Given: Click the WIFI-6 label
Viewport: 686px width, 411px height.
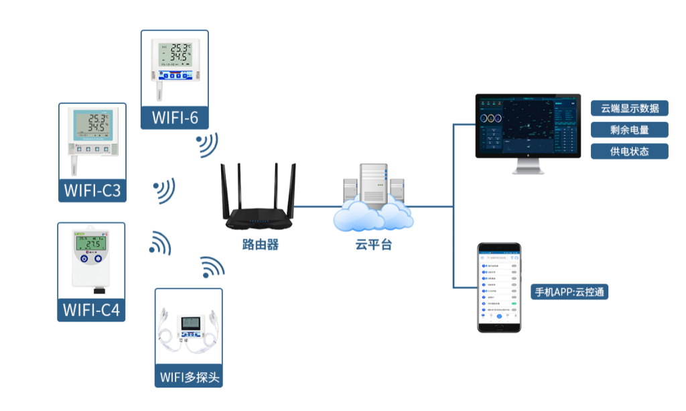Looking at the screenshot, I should (x=175, y=118).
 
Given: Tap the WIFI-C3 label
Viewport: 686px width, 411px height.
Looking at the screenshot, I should (x=92, y=190).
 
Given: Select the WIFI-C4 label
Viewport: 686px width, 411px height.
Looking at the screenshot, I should (x=91, y=310).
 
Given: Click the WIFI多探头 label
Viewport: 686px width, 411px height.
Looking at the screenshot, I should (x=189, y=377).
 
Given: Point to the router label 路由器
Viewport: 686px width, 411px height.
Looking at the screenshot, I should (x=261, y=245).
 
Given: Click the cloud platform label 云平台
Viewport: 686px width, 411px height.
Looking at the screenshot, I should (x=373, y=245).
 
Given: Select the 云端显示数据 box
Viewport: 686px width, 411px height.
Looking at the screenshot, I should (x=630, y=109).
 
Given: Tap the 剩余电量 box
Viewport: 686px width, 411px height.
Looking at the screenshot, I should (x=630, y=129).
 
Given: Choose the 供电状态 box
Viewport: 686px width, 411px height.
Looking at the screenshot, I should (x=630, y=151).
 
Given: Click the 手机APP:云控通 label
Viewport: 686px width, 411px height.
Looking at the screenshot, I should (x=570, y=292).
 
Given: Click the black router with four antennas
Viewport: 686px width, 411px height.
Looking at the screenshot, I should (x=259, y=201).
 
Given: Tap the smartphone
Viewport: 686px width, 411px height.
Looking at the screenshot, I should (x=498, y=287).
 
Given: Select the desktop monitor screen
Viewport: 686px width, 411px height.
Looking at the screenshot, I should (x=529, y=125).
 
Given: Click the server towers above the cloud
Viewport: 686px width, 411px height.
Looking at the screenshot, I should (x=373, y=182).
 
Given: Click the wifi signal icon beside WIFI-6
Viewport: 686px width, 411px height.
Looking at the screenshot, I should (x=208, y=145).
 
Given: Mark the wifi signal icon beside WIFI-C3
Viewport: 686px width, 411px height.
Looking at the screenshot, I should (x=165, y=190).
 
